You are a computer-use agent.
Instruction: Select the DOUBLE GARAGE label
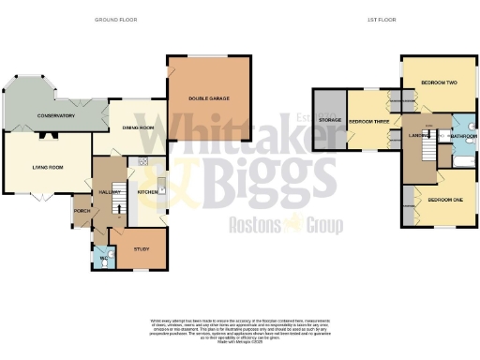208,98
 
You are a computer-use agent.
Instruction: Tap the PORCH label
82,213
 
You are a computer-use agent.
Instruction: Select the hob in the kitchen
143,162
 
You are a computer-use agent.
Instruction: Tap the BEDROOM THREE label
367,122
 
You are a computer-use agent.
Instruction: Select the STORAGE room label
329,120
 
